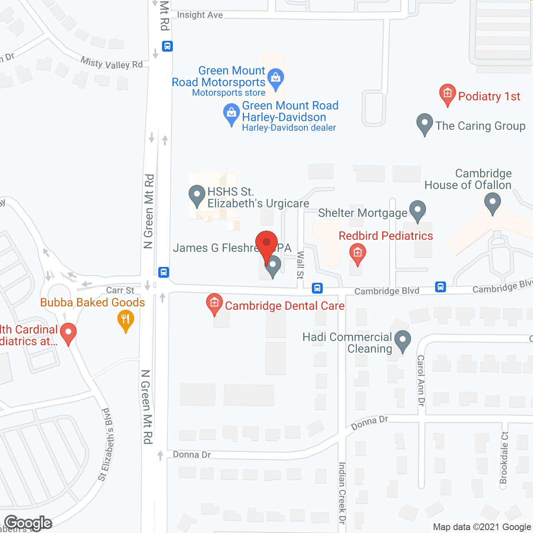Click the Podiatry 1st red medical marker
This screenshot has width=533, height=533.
(448, 95)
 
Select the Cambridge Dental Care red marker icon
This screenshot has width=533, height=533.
(214, 304)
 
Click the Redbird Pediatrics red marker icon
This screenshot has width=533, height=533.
(357, 254)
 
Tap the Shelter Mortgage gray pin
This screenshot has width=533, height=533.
(418, 211)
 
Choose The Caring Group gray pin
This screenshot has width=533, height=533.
(425, 124)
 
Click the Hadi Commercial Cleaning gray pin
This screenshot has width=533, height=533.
(402, 341)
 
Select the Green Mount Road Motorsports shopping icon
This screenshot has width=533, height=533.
(275, 79)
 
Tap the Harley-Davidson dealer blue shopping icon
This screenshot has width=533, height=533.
(232, 114)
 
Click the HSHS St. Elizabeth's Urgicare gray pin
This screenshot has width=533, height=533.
(197, 196)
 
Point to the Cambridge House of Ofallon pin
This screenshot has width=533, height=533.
(493, 204)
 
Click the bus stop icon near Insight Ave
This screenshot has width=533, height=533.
(167, 46)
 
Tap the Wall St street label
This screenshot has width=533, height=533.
(300, 265)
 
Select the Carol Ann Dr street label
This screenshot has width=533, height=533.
(421, 381)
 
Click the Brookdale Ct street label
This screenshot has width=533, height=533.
(504, 458)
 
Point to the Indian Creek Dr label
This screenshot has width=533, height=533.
(342, 493)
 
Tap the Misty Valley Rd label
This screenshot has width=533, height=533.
(112, 63)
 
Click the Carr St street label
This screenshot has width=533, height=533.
(120, 290)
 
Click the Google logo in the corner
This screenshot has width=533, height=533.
(28, 523)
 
